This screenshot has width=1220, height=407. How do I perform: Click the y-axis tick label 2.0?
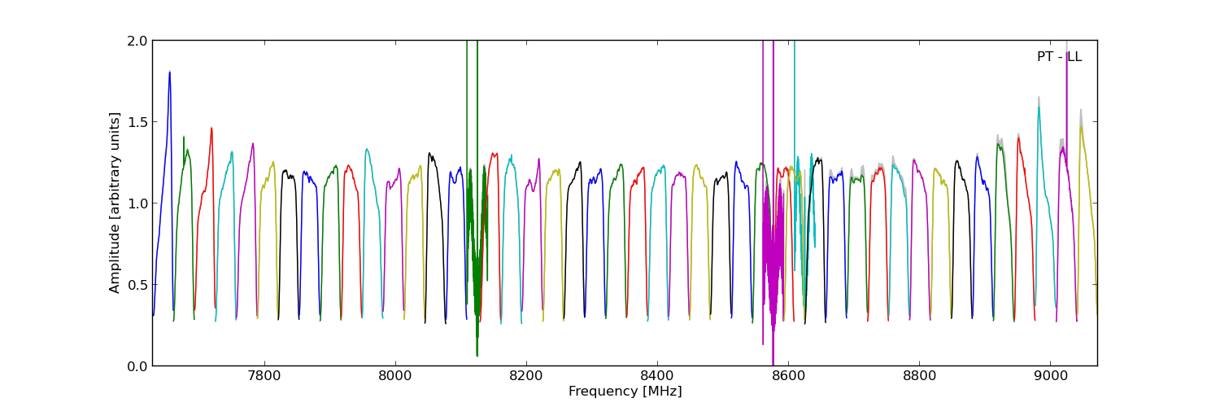137,41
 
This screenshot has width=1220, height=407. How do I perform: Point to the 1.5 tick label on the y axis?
137,122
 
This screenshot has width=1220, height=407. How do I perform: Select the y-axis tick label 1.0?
137,203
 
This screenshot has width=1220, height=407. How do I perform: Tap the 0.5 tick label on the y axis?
137,285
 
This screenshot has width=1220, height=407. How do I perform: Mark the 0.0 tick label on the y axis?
137,366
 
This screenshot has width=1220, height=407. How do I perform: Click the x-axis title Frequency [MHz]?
625,392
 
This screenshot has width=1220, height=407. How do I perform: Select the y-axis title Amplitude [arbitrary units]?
115,203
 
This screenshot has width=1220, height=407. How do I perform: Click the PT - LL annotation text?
1059,57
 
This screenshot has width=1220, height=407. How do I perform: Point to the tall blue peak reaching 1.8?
169,73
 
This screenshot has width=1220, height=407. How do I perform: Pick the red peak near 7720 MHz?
211,129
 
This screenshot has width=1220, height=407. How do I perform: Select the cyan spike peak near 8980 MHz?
1038,108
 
